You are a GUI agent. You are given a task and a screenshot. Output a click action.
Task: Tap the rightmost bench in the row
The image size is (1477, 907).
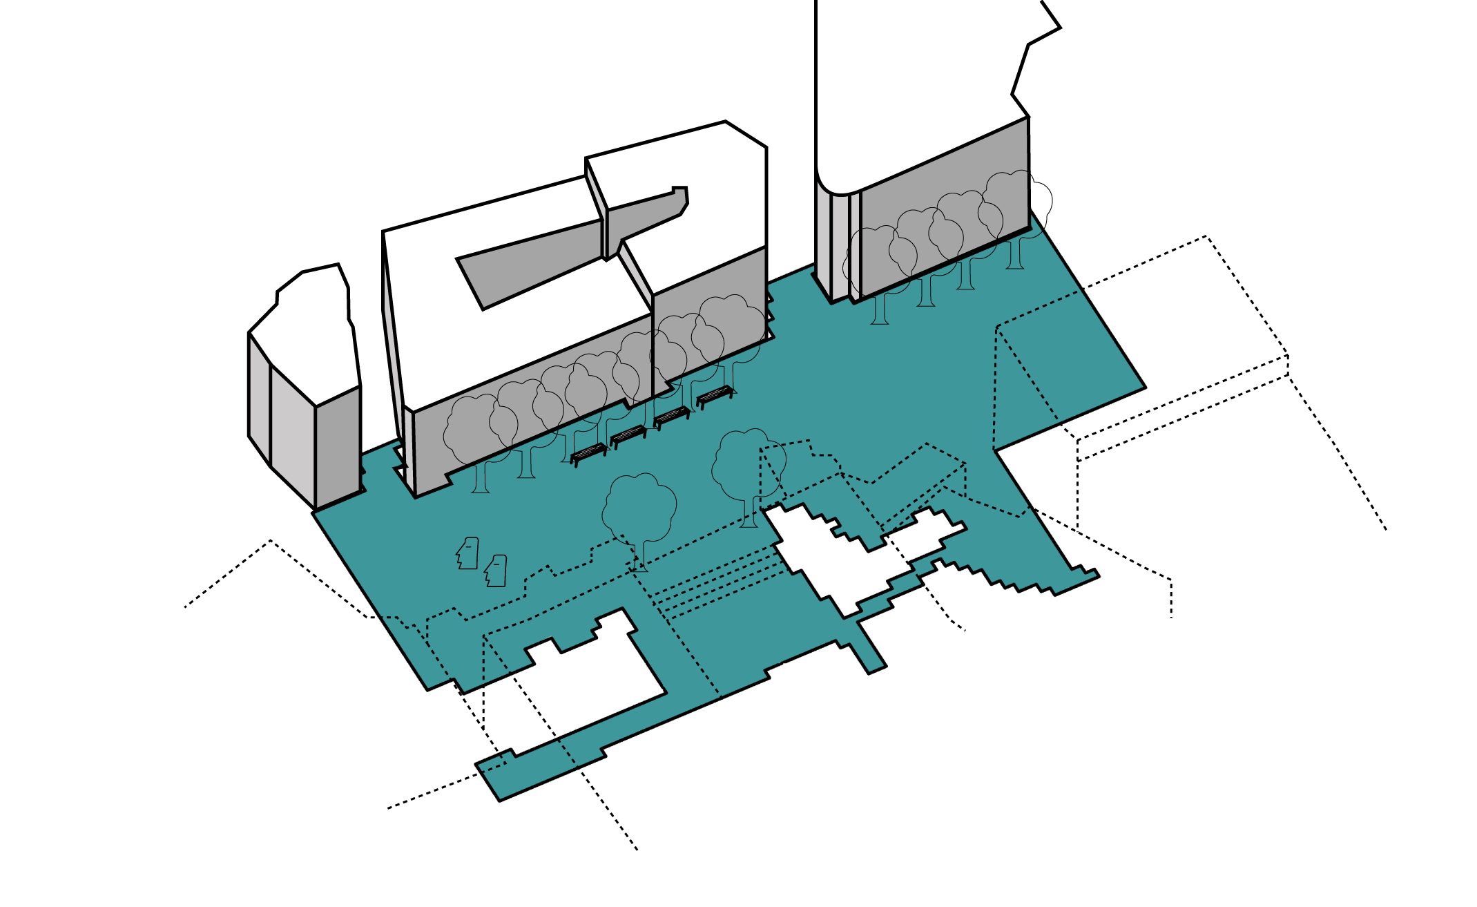(x=715, y=396)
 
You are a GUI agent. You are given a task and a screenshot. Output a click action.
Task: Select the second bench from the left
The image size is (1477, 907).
(x=628, y=435)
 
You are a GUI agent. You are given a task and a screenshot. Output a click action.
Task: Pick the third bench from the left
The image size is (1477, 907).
(x=672, y=416)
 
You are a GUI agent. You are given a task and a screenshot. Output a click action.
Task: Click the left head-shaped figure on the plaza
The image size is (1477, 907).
(x=468, y=553)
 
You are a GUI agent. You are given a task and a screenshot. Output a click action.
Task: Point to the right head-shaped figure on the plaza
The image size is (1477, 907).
(x=496, y=571)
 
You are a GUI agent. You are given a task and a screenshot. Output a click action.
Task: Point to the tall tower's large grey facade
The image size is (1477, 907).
(x=946, y=207)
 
